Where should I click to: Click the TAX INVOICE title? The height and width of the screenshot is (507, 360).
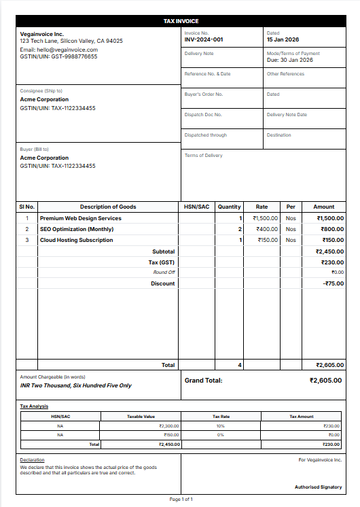tap(181, 22)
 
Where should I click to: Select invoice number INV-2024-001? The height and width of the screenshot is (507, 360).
tap(204, 39)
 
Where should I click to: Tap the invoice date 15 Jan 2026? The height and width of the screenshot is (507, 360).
tap(283, 39)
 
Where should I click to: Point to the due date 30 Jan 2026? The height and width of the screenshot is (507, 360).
tap(290, 60)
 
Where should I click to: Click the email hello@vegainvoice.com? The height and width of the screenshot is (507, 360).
tap(59, 50)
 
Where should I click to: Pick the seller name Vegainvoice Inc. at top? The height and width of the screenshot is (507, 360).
tap(42, 33)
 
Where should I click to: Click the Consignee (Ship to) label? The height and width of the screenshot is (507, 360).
tap(41, 90)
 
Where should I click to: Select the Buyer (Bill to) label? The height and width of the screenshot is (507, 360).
tap(35, 149)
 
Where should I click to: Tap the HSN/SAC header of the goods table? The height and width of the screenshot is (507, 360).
tap(197, 207)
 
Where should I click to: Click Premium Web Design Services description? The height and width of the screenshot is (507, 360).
tap(81, 218)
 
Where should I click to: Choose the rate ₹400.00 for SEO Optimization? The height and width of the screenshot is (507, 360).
tap(265, 229)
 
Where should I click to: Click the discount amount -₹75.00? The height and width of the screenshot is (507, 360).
tap(333, 283)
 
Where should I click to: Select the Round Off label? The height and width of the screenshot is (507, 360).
tap(164, 273)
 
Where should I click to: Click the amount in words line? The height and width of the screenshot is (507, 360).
tap(76, 385)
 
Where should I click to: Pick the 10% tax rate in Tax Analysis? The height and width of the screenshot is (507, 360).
tap(221, 425)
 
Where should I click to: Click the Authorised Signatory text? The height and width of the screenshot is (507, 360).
tap(318, 487)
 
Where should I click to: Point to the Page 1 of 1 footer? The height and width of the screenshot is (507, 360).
tap(181, 500)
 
